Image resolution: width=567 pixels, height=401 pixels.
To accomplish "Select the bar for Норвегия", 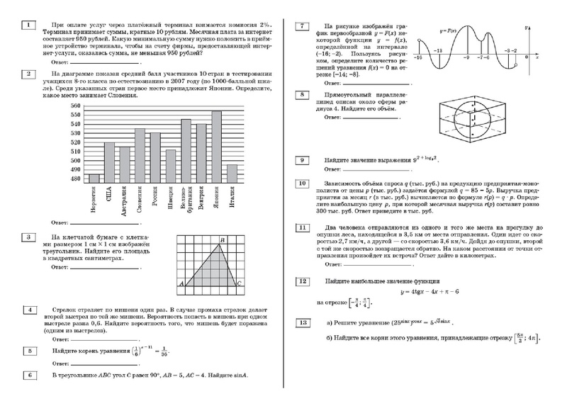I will (x=94, y=177).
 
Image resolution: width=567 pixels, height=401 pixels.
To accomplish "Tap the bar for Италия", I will (x=232, y=173).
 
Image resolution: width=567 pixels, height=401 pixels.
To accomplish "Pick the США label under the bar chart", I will (x=109, y=193).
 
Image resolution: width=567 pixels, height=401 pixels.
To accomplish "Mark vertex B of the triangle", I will (x=222, y=240).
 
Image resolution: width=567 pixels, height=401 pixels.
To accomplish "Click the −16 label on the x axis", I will (x=419, y=56).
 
